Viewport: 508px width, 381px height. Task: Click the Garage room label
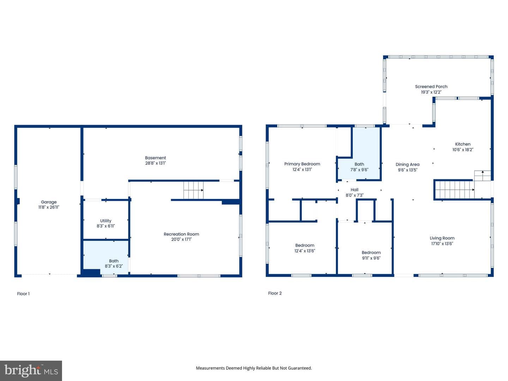coord(49,202)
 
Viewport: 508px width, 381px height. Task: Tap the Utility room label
coord(105,221)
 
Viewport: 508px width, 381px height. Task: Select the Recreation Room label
coord(181,234)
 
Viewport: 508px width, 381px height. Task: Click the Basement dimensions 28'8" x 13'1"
coord(155,163)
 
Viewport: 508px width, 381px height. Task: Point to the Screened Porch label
coord(431,86)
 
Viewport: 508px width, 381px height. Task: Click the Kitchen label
coord(462,144)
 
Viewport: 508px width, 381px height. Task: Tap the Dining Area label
coord(407,164)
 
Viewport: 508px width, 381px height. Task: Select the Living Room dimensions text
coord(442,243)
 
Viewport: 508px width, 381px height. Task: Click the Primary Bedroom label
coord(302,164)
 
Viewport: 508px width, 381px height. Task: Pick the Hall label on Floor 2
coord(354,190)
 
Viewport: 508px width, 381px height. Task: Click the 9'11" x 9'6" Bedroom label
coord(371,253)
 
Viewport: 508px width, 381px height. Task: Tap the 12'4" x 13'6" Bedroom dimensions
coord(304,251)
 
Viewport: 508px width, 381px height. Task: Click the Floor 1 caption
coord(23,294)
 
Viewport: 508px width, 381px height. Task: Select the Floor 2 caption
coord(275,293)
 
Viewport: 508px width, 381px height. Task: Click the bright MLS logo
coord(31,370)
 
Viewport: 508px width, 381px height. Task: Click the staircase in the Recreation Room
coord(193,190)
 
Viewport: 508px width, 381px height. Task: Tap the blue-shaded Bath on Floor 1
coord(106,257)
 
